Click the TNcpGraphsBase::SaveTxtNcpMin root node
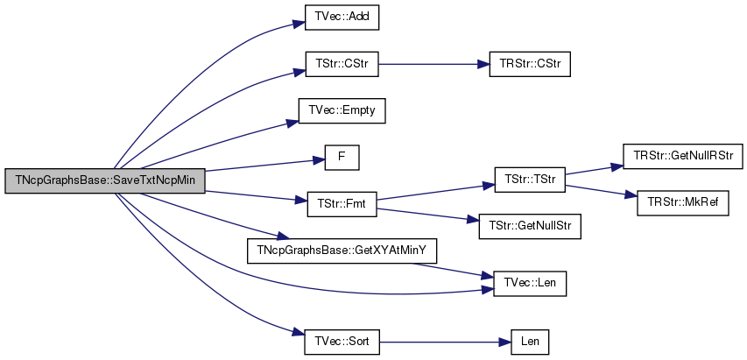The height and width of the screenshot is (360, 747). pyautogui.click(x=105, y=181)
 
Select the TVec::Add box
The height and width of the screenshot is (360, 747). pyautogui.click(x=342, y=18)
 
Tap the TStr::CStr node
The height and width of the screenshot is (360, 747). pyautogui.click(x=342, y=64)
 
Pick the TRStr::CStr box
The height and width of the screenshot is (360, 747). pyautogui.click(x=530, y=64)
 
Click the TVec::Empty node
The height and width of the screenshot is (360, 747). pyautogui.click(x=342, y=111)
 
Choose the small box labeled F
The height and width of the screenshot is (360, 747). pyautogui.click(x=342, y=158)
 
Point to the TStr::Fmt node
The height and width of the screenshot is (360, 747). pyautogui.click(x=342, y=204)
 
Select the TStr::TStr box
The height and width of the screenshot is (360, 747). pyautogui.click(x=530, y=180)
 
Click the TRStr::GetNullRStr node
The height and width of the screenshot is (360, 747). pyautogui.click(x=682, y=156)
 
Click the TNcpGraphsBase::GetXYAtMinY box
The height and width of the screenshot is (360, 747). pyautogui.click(x=342, y=251)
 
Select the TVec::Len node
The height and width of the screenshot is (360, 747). pyautogui.click(x=530, y=284)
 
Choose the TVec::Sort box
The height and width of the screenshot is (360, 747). pyautogui.click(x=342, y=342)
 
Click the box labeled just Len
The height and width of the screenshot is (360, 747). pyautogui.click(x=530, y=342)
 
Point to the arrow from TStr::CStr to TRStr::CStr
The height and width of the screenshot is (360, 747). pyautogui.click(x=434, y=64)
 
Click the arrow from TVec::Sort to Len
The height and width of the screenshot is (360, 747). pyautogui.click(x=446, y=342)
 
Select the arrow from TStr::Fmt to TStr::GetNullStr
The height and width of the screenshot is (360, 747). pyautogui.click(x=428, y=215)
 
